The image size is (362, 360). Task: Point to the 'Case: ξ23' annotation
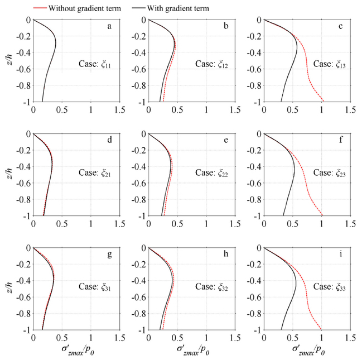[x=330, y=174]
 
